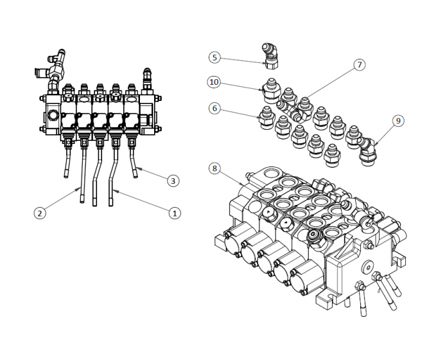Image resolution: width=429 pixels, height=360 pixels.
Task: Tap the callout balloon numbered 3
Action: [172, 181]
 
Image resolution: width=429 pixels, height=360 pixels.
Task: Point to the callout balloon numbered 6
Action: [214, 109]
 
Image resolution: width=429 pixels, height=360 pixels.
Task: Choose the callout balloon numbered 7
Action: [359, 64]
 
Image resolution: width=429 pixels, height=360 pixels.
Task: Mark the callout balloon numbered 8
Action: [214, 169]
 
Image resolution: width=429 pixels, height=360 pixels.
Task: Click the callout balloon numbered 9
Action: [398, 120]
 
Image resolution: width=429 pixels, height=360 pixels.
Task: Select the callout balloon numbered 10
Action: [214, 82]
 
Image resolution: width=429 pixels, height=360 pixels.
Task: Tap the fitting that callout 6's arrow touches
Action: [263, 117]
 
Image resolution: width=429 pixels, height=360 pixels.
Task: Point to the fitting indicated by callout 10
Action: [270, 87]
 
